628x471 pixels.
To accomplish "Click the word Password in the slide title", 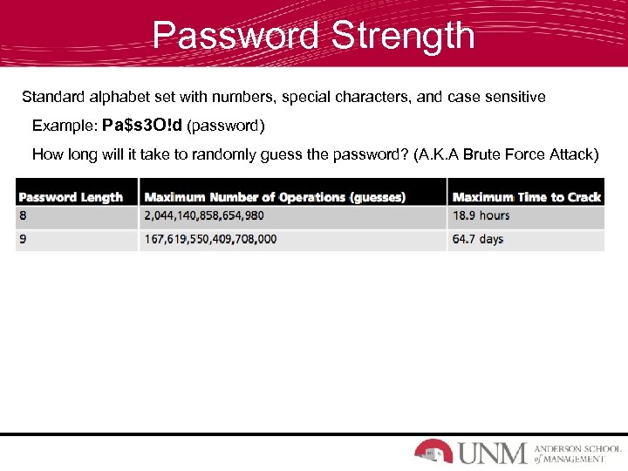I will tap(235, 36).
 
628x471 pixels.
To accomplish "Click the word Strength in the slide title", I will tap(402, 36).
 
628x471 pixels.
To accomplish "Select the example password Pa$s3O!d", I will tap(142, 126).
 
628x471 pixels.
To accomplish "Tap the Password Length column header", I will tap(71, 197).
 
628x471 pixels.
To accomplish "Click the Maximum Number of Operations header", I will tap(275, 197).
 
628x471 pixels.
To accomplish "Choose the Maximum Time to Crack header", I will tap(527, 197).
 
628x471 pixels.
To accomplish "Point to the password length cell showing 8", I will tap(23, 215).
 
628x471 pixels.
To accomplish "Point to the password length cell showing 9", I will tap(23, 239).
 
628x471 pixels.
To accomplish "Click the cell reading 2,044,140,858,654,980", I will tap(204, 215).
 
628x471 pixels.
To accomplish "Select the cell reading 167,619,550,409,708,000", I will tap(210, 239).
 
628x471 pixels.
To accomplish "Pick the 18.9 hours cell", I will tap(481, 215).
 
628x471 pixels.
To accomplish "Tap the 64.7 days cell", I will tap(477, 239).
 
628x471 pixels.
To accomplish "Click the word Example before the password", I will tap(63, 126).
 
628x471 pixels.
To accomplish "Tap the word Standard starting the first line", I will tap(53, 97).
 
